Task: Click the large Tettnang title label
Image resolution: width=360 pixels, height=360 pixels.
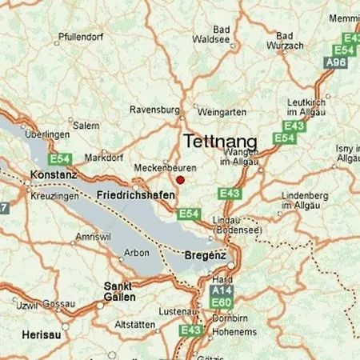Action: tap(220, 142)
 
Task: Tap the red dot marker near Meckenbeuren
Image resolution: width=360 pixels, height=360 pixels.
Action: tap(180, 180)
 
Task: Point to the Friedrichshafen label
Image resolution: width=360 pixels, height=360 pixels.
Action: tap(134, 195)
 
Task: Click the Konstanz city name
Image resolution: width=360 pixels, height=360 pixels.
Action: tap(54, 174)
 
